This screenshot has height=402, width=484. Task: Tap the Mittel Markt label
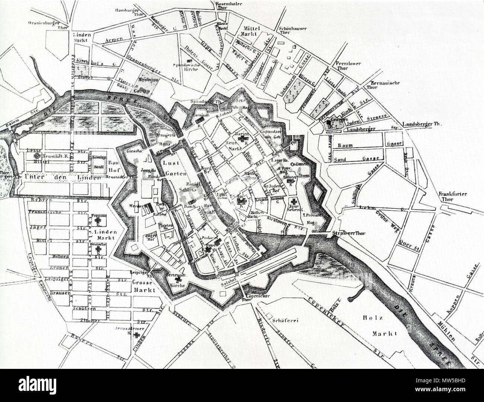coord(254,31)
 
